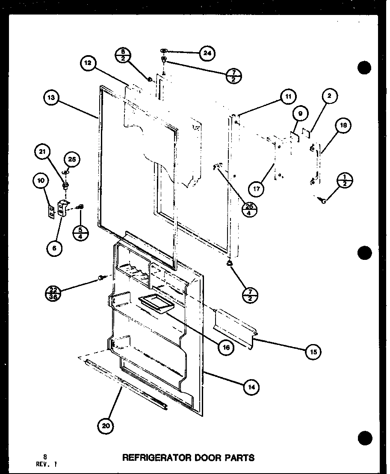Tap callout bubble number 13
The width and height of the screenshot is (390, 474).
tap(51, 98)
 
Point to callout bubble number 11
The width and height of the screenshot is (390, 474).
tap(288, 97)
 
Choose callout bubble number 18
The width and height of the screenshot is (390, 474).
tap(345, 126)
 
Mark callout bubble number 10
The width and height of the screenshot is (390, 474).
tap(41, 181)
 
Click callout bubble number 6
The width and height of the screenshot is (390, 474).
tap(55, 247)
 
